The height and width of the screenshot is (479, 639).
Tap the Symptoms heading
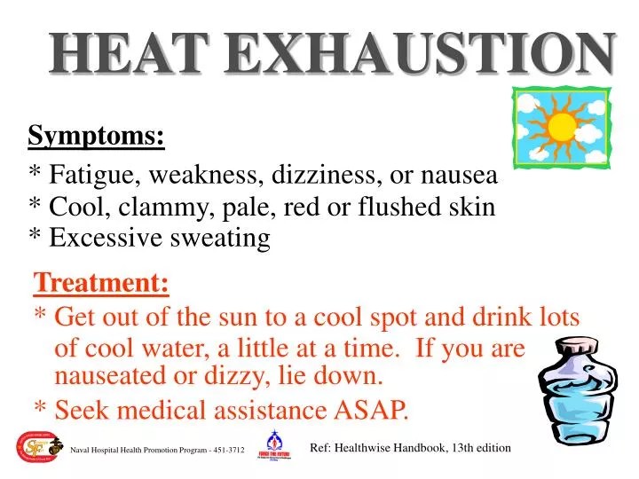(x=96, y=137)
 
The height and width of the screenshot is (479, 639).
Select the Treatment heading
(x=101, y=284)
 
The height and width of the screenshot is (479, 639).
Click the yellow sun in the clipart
(x=561, y=127)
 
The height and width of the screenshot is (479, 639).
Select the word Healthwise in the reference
(x=367, y=448)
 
